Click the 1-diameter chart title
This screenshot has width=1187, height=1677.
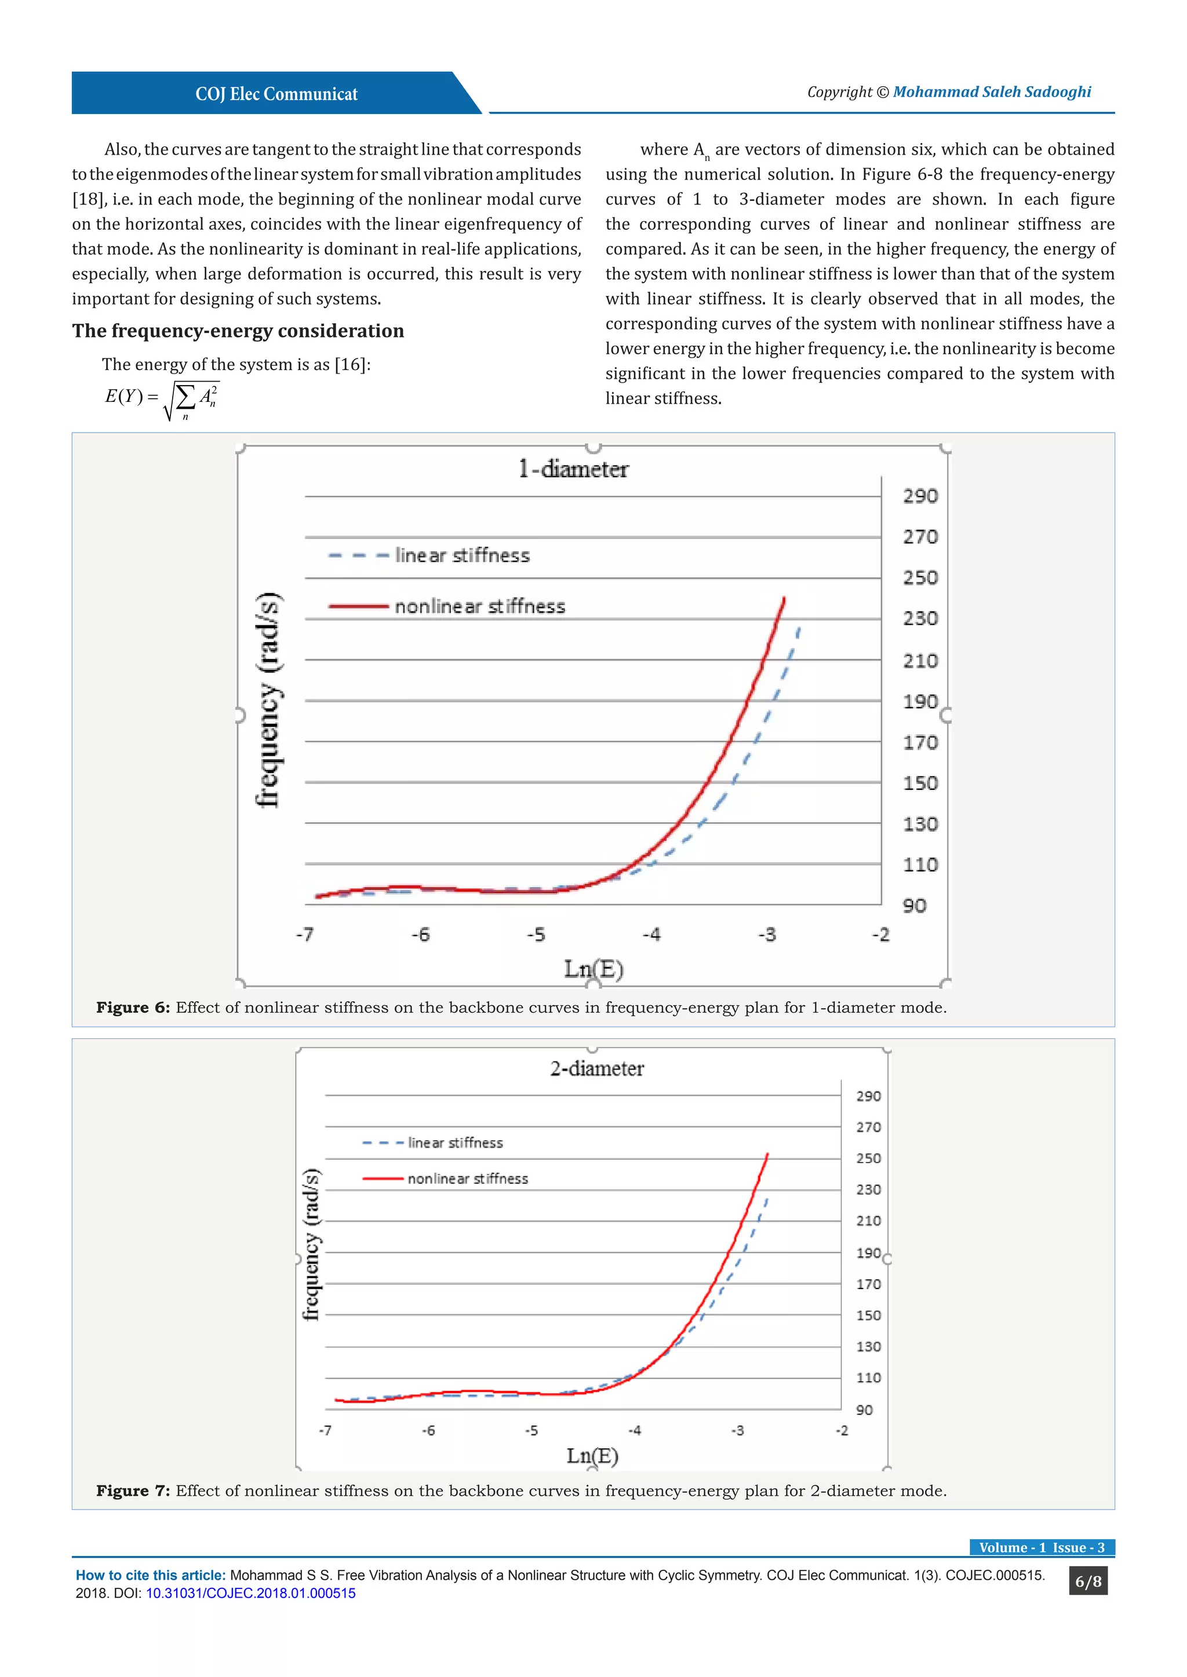tap(573, 469)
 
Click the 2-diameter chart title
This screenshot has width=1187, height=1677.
tap(596, 1068)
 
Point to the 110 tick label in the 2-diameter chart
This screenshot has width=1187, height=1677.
tap(868, 1378)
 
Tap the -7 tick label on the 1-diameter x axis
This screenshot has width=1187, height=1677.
tap(305, 935)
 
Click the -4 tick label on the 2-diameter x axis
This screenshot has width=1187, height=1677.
tap(635, 1430)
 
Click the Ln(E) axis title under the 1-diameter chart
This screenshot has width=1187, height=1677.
tap(593, 969)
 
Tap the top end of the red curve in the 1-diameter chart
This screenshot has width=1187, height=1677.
tap(784, 598)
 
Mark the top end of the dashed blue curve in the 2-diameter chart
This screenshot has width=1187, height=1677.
tap(767, 1199)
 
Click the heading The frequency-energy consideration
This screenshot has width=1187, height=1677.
tap(238, 331)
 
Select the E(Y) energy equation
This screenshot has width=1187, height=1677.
tap(162, 399)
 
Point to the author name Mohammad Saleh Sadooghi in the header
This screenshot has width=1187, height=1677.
tap(991, 92)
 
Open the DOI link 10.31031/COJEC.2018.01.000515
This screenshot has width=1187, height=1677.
tap(251, 1593)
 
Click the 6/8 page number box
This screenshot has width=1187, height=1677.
tap(1087, 1581)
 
